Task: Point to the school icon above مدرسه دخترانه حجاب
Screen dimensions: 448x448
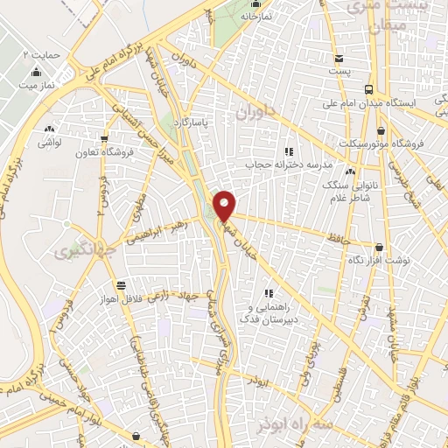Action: [x=289, y=151]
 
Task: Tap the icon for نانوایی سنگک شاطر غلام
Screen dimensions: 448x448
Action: [x=350, y=171]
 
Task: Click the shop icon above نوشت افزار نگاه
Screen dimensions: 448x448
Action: [x=379, y=248]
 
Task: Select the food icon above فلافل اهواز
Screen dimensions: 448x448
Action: [x=120, y=284]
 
